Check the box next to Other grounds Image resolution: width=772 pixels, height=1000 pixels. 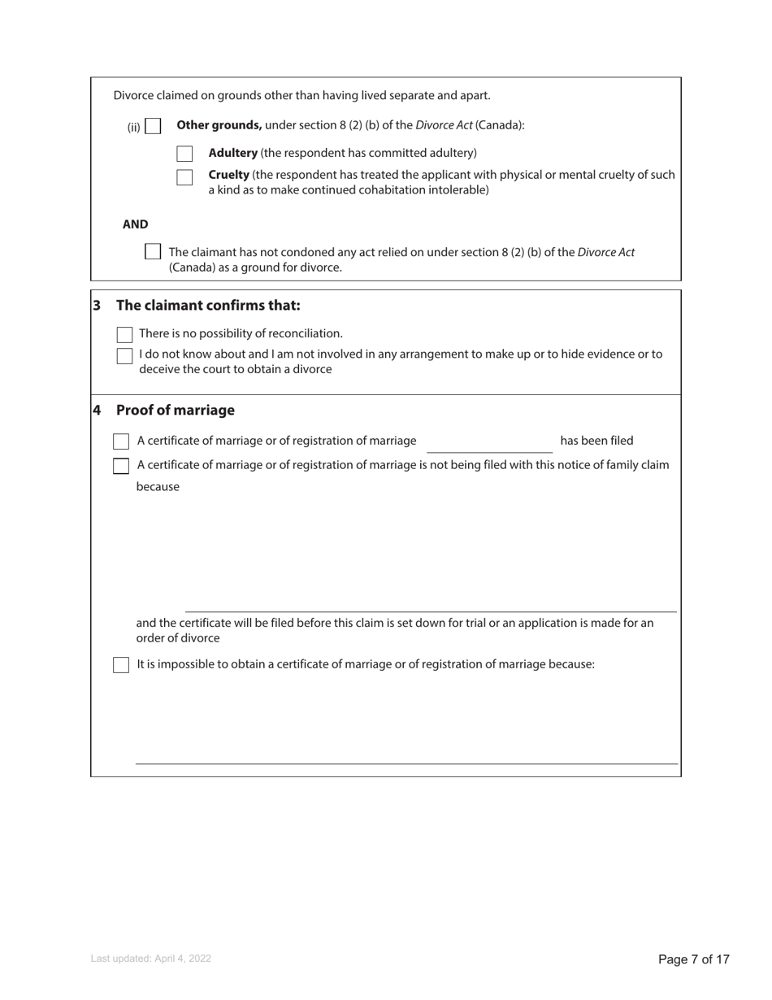tap(153, 127)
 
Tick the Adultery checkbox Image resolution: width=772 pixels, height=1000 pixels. tap(184, 154)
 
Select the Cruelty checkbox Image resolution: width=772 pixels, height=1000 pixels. tap(184, 177)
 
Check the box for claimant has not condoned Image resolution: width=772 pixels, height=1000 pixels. tap(152, 252)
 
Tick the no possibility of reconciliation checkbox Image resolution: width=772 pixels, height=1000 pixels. tap(124, 334)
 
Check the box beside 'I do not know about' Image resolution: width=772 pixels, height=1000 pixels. tap(124, 355)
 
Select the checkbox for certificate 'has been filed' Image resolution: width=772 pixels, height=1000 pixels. tap(121, 441)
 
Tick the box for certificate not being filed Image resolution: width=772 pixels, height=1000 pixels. tap(121, 466)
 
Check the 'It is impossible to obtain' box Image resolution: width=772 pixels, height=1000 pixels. tap(121, 665)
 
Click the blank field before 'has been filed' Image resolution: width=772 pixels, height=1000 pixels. tap(489, 443)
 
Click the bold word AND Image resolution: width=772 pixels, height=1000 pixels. tap(135, 224)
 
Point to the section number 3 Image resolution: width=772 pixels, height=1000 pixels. tap(97, 306)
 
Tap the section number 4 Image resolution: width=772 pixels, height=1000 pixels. tap(97, 411)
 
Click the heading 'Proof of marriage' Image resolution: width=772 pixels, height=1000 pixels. tap(175, 411)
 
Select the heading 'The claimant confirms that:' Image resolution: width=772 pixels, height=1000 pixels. tap(208, 306)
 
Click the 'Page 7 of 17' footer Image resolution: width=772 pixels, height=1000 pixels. tap(693, 959)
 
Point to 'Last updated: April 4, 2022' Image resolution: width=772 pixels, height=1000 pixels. tap(151, 959)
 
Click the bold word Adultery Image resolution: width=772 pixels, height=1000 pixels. tap(232, 153)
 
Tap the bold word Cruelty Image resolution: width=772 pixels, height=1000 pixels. tap(228, 175)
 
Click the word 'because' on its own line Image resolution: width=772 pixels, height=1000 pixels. tap(158, 487)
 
